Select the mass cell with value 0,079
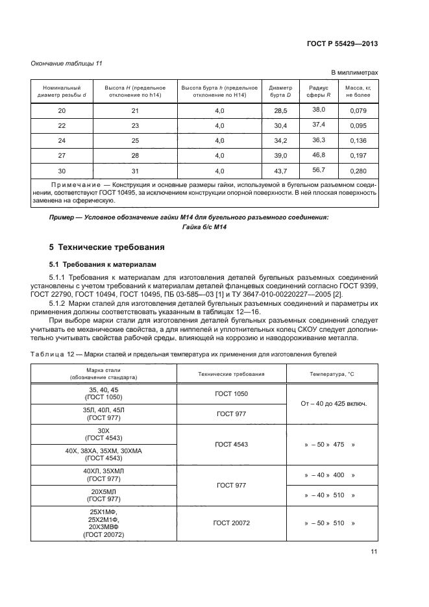[x=358, y=110]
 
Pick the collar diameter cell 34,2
[x=280, y=141]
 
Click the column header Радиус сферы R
[x=319, y=92]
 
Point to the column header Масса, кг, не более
[x=358, y=92]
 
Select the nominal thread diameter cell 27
[x=62, y=156]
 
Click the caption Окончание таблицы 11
[x=67, y=62]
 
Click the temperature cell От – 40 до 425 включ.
[x=334, y=403]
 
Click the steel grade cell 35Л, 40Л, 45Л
[x=103, y=414]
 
